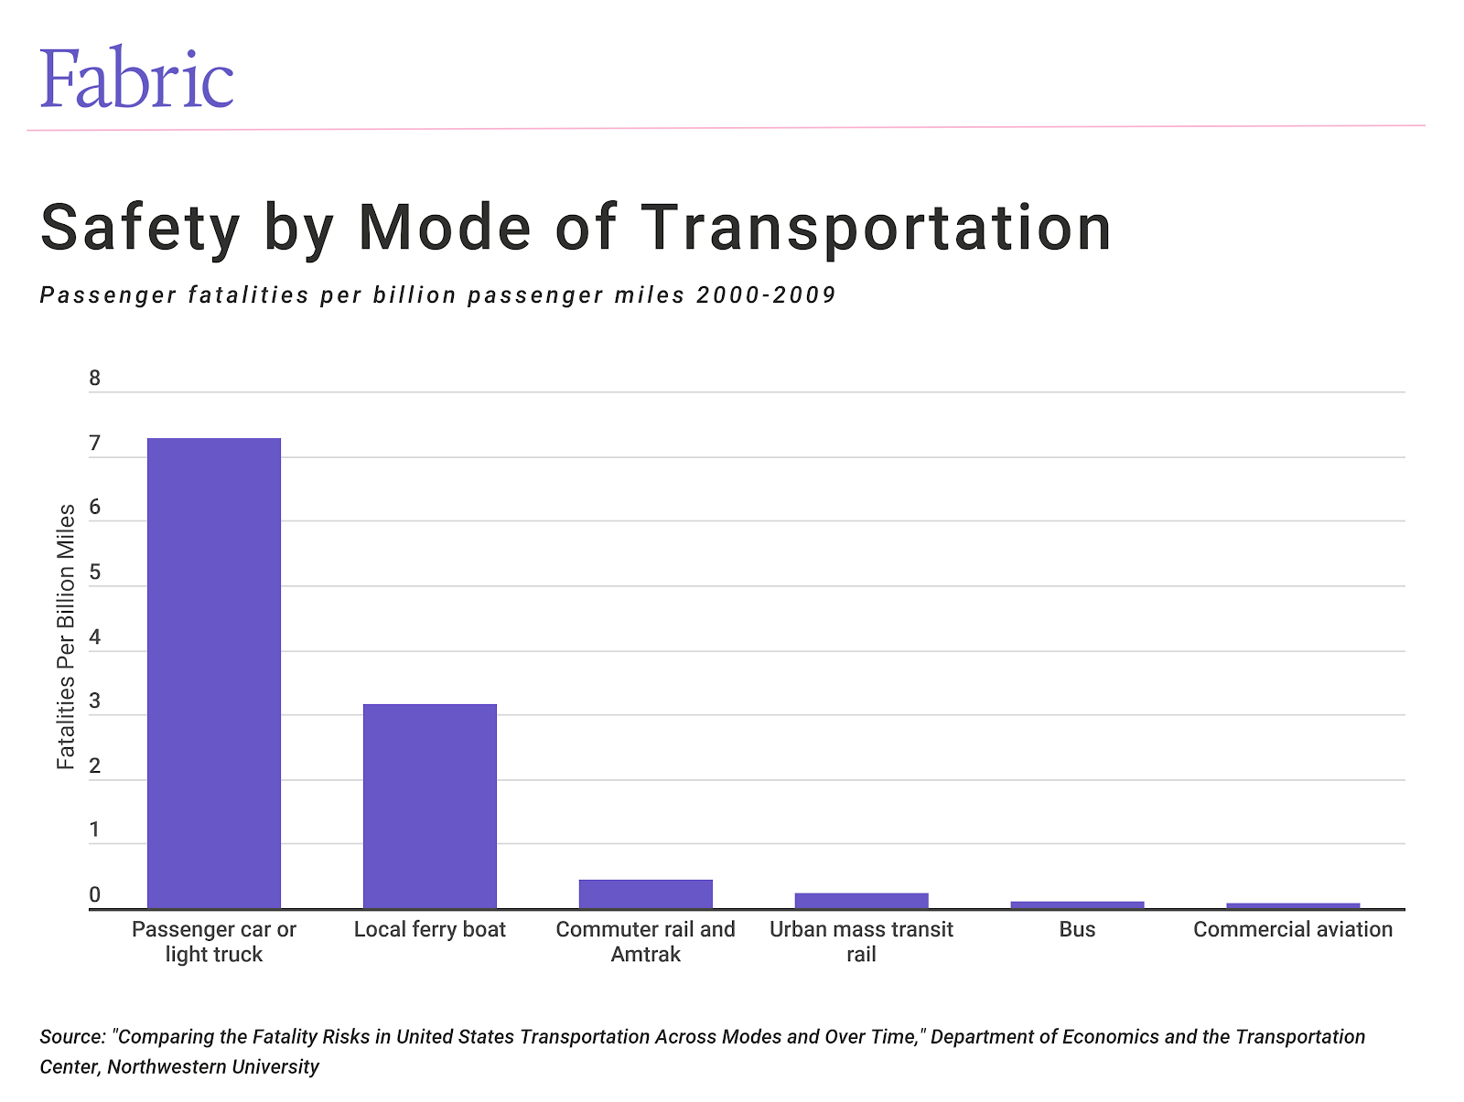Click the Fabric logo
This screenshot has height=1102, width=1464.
(x=136, y=79)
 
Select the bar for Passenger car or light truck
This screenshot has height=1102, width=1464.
(x=214, y=672)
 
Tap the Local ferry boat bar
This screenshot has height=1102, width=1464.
(x=430, y=805)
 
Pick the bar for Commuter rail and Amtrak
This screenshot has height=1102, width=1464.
(x=646, y=893)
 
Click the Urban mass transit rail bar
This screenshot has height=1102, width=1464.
(x=861, y=900)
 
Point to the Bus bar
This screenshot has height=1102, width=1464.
(x=1077, y=904)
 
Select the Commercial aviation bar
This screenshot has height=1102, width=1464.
(x=1293, y=905)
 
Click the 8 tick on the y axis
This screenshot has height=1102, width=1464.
(x=95, y=379)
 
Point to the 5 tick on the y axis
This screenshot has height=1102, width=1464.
(x=95, y=573)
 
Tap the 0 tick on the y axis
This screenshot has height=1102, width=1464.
(x=95, y=895)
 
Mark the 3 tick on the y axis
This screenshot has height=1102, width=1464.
(x=95, y=702)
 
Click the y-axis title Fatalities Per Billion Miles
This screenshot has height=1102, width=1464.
(x=66, y=637)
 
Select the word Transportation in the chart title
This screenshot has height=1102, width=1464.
(x=876, y=228)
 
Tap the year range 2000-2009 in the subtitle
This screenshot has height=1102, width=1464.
(x=766, y=295)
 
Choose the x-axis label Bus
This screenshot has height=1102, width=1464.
(x=1077, y=929)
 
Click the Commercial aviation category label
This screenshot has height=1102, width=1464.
(x=1293, y=929)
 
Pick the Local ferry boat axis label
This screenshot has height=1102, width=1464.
(x=430, y=929)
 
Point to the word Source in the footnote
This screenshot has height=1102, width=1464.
(x=72, y=1037)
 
